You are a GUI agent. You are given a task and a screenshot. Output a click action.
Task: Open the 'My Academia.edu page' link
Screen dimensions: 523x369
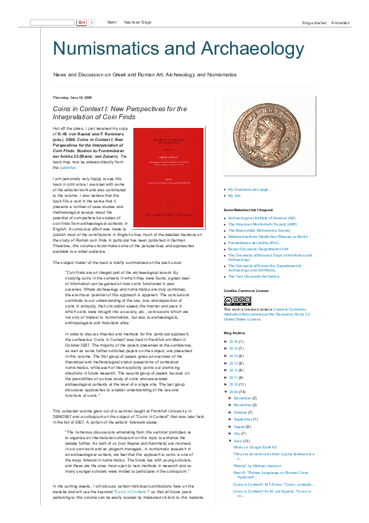pos(248,189)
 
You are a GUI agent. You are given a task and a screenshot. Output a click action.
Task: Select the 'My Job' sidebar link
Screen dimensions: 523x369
pos(234,196)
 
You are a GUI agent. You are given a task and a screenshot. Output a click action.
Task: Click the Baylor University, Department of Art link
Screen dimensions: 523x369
pos(254,248)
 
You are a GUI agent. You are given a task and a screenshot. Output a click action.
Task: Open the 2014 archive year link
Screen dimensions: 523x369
pos(233,356)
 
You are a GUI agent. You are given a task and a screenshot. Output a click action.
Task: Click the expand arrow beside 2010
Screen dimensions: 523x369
pos(226,384)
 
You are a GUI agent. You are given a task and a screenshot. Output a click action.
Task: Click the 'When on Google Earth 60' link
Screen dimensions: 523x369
pos(255,447)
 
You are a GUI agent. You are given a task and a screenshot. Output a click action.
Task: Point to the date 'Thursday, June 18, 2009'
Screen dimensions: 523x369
pos(73,98)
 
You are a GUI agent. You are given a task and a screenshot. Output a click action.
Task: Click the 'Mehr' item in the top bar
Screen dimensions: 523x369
pos(112,22)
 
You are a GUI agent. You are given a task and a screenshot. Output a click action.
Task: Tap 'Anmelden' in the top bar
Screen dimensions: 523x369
pos(340,23)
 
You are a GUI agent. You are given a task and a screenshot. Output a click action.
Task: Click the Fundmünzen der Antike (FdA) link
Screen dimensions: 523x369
pos(251,242)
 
